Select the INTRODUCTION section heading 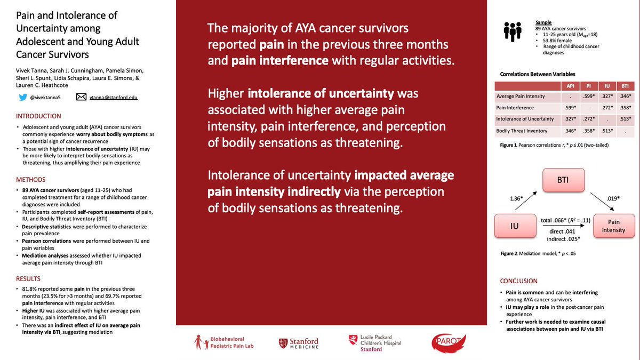pos(38,116)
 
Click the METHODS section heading pos(30,180)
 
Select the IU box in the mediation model pos(514,226)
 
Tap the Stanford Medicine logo pos(298,344)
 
